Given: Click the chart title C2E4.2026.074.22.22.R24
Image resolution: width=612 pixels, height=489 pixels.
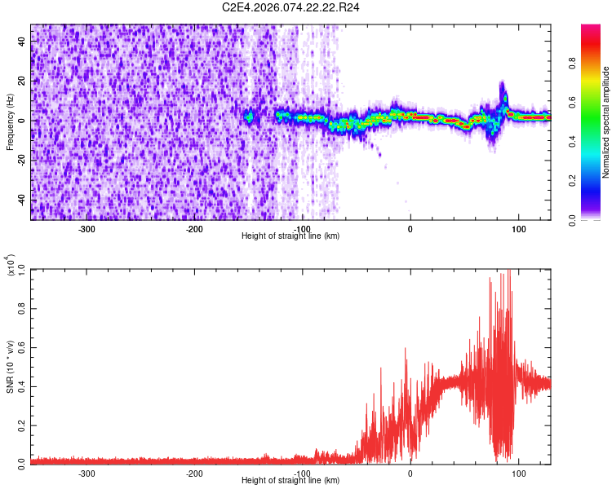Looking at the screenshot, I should coord(291,7).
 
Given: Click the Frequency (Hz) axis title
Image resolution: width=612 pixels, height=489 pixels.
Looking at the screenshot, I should coord(11,121).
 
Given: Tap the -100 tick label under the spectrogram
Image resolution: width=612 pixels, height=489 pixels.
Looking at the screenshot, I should coord(303,228).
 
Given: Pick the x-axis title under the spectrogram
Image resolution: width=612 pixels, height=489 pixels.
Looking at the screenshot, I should coord(290,236).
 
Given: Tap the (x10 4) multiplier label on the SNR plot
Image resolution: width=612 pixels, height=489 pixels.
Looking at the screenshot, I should coord(11,264).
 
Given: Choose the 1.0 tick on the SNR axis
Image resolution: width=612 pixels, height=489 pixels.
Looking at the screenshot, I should coord(21,269).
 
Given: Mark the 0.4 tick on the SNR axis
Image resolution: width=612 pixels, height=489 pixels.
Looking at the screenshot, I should coord(21,385).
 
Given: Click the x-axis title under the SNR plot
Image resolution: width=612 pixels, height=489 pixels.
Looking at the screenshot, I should coord(290,481).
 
